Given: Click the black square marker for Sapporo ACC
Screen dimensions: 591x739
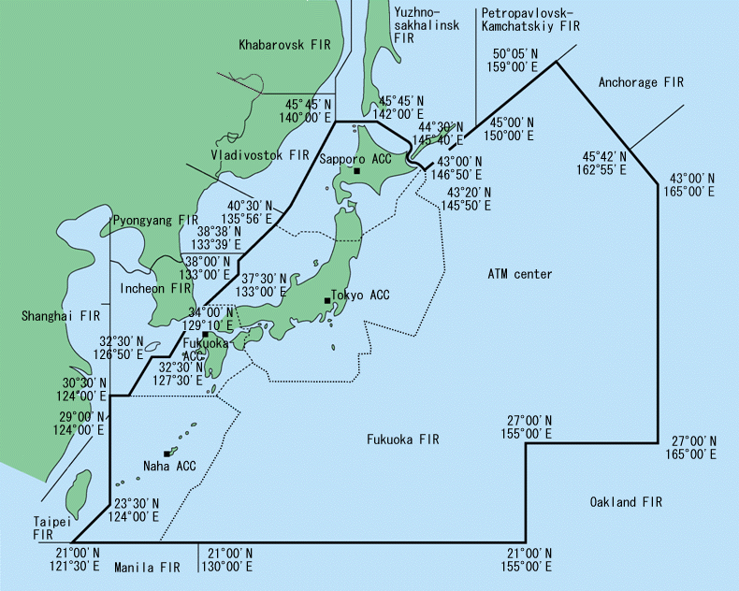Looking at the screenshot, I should (356, 171).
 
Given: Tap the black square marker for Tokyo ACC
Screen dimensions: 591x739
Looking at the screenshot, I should (327, 300).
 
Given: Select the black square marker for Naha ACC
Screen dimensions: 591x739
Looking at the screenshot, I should (167, 454).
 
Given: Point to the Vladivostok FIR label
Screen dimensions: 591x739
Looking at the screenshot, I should (259, 154).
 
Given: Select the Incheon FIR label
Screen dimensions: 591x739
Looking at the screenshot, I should (156, 289).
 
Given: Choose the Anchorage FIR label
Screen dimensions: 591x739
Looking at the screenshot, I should (641, 82).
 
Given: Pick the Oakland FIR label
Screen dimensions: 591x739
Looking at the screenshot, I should (626, 502).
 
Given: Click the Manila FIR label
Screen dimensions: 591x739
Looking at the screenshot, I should (147, 568).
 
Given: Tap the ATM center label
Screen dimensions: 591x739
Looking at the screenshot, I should (520, 274).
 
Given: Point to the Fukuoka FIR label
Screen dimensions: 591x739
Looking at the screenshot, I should (402, 439).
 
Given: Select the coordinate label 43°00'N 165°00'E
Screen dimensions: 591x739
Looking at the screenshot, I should (692, 184).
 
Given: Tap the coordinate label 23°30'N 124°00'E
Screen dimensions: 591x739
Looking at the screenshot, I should (137, 509).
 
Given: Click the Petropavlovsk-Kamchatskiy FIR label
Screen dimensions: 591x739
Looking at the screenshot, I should (530, 20).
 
